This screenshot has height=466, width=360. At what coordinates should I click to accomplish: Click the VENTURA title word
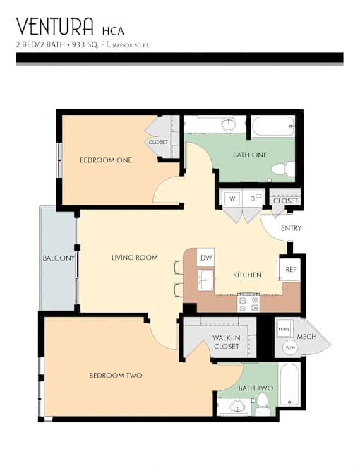point(54,26)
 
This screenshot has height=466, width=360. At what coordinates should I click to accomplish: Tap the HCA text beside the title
point(113,31)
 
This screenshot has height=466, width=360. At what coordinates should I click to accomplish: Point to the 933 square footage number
point(78,45)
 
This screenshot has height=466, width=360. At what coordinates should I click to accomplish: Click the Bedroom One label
point(106,160)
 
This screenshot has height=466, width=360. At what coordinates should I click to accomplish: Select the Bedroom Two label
point(116,376)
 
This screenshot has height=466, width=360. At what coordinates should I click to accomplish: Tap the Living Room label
point(135,258)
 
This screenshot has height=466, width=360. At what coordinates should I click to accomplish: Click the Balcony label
point(59,258)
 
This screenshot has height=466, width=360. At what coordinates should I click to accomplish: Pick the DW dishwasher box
point(205,258)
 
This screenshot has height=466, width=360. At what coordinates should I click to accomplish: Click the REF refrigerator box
point(291,269)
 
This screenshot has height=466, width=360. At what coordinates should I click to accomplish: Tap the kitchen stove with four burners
point(248,303)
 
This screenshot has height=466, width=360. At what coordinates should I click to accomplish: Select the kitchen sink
point(205,280)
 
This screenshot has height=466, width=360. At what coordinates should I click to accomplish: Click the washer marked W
point(232,198)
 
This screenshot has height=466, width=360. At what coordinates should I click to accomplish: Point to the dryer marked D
point(253,198)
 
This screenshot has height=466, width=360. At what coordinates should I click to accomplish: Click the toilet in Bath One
point(283,169)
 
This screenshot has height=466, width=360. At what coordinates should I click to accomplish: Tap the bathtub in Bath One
point(273,126)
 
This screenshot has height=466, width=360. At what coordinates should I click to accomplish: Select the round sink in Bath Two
point(238,406)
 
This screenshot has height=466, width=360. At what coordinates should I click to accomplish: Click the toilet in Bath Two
point(263,404)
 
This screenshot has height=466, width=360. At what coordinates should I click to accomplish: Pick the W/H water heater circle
point(290,347)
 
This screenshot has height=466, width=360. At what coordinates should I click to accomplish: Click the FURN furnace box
point(284,329)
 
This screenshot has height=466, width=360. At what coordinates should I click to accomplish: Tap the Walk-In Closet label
point(227,342)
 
